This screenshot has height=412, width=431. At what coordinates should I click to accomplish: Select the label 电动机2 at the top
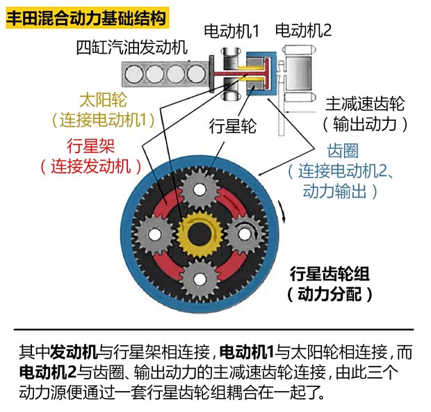303,30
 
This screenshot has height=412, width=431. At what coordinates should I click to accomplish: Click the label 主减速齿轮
365,104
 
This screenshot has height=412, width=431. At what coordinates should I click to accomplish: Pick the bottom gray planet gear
199,280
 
